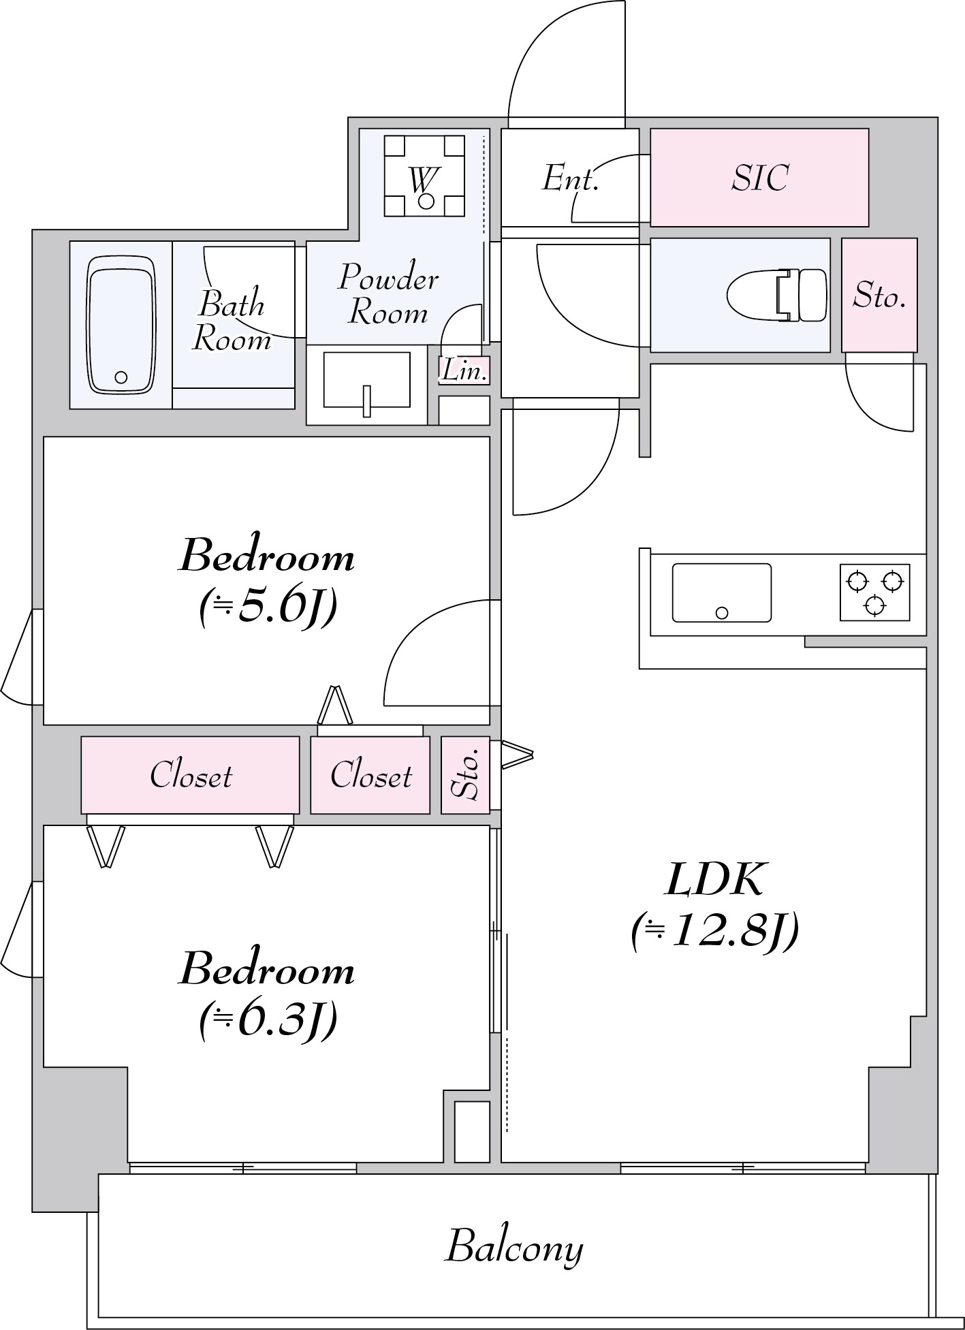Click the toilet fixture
pos(777,295)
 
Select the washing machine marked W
pos(425,176)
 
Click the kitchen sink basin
pos(722,592)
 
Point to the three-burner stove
pos(874,592)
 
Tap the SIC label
pos(760,178)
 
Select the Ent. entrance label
pos(570,179)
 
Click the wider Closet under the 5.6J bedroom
pos(190,775)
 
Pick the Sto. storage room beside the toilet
pos(879,295)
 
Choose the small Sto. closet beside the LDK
pos(465,775)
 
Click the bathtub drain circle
pos(121,377)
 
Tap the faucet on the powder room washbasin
pos(366,401)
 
